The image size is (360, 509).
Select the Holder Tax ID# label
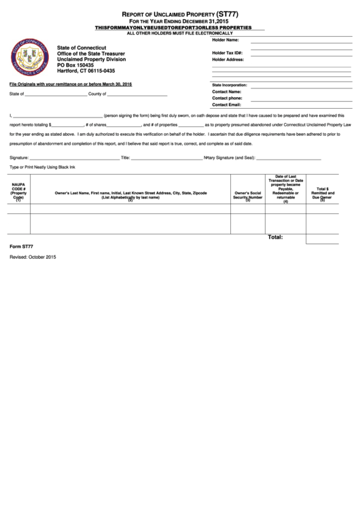pos(228,52)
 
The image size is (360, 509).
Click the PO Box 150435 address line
pos(75,65)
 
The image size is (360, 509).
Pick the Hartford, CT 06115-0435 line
pos(86,71)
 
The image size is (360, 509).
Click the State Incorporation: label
pos(230,85)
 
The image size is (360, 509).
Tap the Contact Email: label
pos(227,105)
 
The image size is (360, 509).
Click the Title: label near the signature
pos(125,157)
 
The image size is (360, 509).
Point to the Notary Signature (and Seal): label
pos(230,157)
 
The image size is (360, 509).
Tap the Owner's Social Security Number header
pos(248,196)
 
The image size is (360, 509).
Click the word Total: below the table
pos(275,238)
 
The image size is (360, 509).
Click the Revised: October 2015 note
pos(33,258)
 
